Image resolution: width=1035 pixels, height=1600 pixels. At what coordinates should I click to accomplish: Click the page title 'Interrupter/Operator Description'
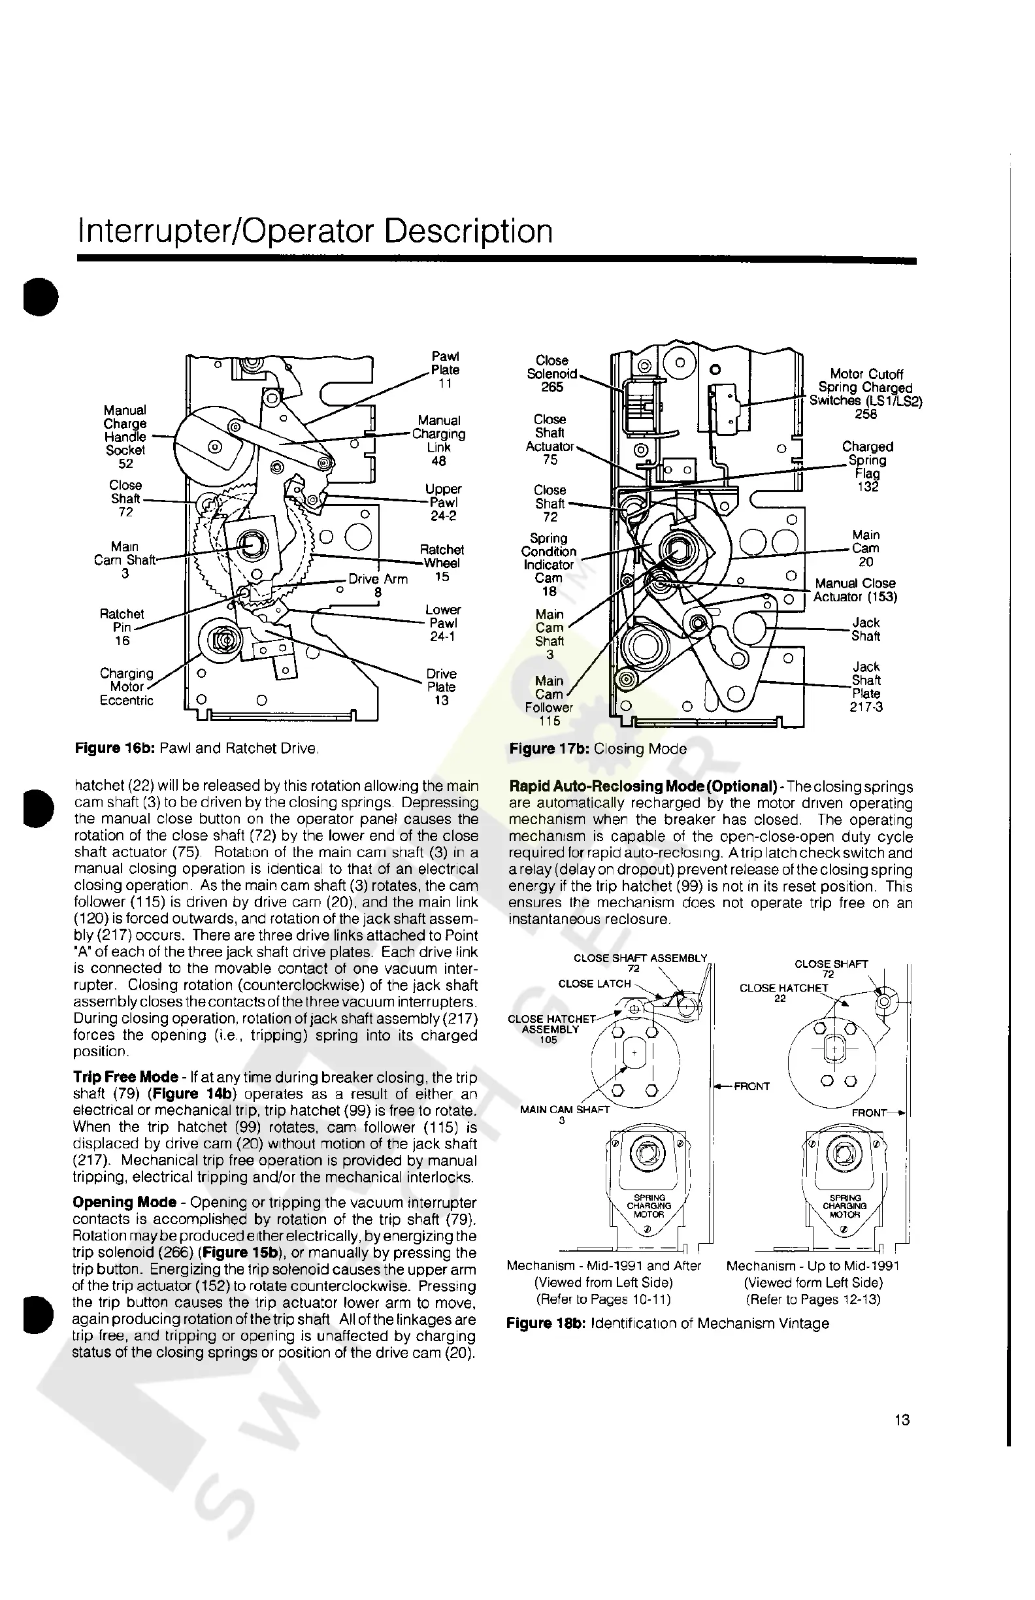[x=315, y=231]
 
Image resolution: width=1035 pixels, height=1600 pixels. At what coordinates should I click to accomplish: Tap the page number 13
[x=902, y=1419]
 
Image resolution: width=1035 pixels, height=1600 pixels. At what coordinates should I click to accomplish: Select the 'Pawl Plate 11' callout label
[x=445, y=370]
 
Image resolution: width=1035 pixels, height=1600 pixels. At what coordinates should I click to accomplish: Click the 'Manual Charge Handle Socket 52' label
[x=125, y=437]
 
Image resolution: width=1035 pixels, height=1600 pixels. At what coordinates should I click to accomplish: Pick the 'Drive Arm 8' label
[x=378, y=586]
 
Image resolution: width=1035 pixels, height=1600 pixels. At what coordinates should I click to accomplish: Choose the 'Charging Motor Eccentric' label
[x=126, y=686]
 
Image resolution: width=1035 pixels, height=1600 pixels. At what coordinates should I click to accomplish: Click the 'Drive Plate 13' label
[x=442, y=686]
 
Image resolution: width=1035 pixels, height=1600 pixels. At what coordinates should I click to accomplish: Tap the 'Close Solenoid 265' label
[x=551, y=374]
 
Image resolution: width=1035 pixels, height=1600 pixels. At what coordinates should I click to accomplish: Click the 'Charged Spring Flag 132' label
[x=867, y=466]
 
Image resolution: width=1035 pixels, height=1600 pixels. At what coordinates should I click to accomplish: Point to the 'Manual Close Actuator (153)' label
[x=855, y=590]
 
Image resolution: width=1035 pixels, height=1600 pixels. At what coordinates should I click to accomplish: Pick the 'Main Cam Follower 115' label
[x=549, y=701]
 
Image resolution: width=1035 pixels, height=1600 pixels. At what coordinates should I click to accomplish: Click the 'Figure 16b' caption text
[x=196, y=748]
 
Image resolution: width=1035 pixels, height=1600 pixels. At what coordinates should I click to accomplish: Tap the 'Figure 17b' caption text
[x=597, y=748]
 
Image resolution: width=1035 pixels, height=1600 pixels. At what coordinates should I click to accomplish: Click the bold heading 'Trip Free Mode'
[x=125, y=1077]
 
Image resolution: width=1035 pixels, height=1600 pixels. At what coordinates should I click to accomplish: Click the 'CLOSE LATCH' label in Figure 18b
[x=594, y=984]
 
